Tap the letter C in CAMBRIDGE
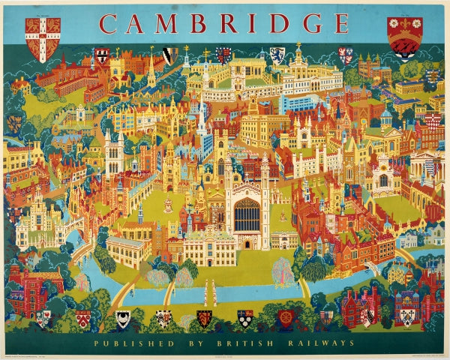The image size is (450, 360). point(110,23)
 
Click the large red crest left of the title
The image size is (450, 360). point(43,38)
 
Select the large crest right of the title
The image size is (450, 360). point(404,37)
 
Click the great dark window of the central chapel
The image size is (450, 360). point(247,214)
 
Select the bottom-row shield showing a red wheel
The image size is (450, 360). point(286,318)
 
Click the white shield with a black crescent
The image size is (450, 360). point(122,318)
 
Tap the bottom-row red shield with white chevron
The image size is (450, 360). point(82,317)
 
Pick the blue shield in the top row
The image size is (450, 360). point(277,54)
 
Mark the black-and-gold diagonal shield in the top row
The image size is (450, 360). point(171,54)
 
